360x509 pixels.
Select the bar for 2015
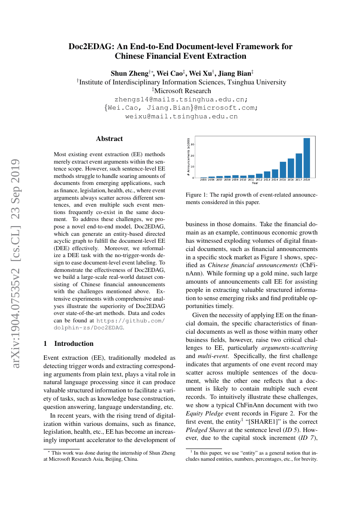point(283,169)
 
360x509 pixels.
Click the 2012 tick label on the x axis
point(259,179)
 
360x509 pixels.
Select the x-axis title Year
point(255,183)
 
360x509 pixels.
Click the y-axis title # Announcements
point(188,157)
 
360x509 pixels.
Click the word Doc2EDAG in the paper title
point(88,46)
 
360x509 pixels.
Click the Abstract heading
point(109,139)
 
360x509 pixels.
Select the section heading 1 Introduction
point(68,343)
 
